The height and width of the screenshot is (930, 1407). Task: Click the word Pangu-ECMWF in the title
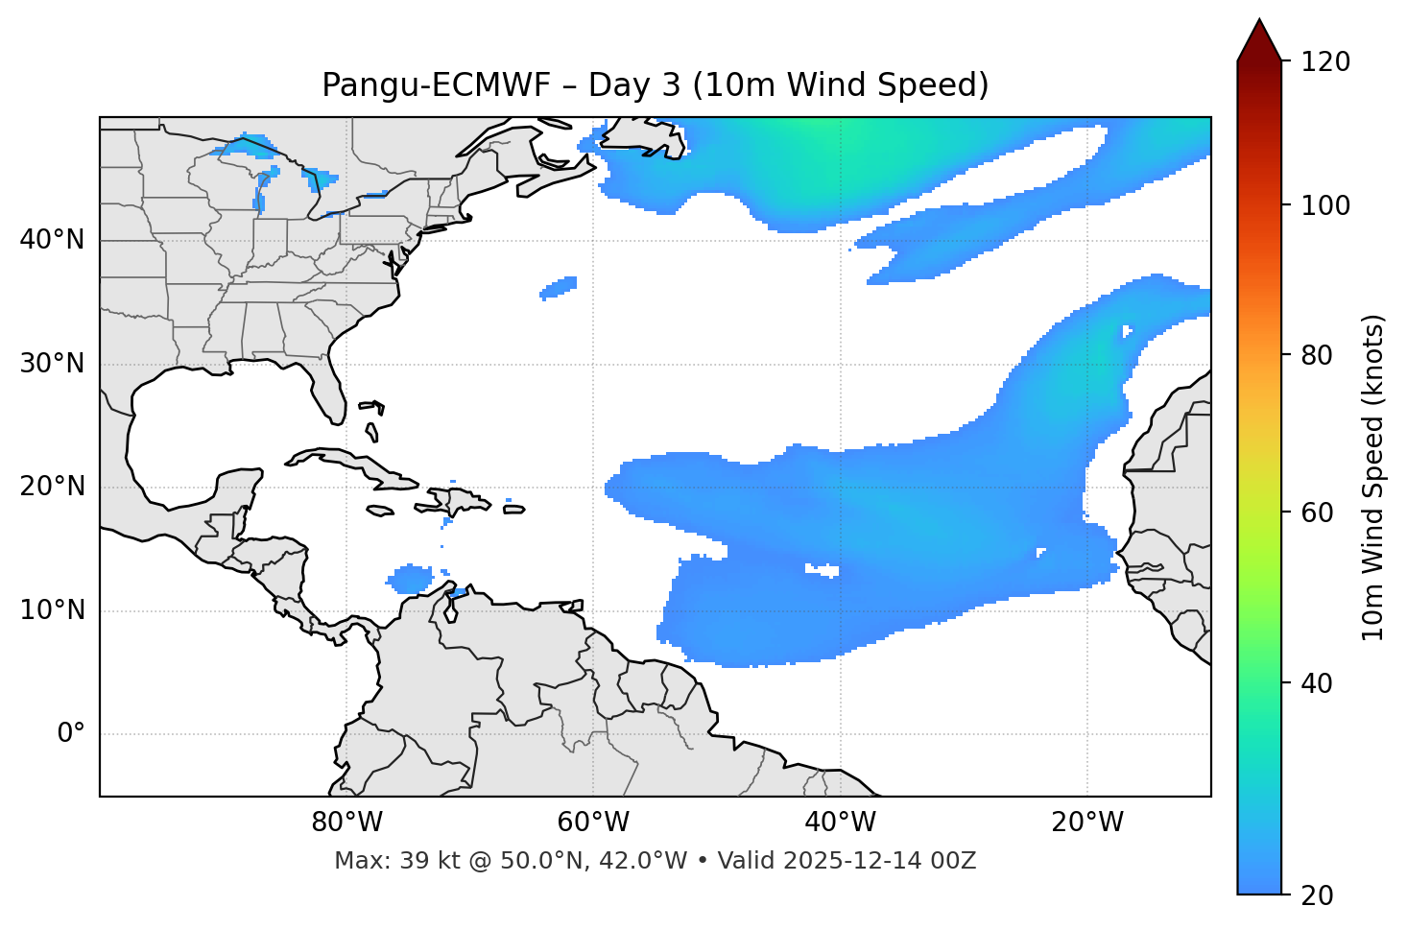pos(436,85)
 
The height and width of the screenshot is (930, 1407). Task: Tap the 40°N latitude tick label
pos(52,240)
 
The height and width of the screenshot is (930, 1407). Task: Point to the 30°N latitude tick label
pos(52,364)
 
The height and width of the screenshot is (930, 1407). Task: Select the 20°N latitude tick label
pos(52,487)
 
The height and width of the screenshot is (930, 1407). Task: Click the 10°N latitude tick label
pos(52,610)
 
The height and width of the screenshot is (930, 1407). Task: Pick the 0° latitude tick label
pos(71,734)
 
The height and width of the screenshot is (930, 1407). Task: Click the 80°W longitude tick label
pos(346,823)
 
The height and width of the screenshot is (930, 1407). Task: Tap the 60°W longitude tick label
pos(593,823)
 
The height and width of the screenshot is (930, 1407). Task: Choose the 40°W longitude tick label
pos(840,823)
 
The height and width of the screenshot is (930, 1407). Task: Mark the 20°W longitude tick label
pos(1087,823)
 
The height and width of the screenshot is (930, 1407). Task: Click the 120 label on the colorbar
pos(1326,62)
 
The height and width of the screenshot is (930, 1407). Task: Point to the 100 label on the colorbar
pos(1326,205)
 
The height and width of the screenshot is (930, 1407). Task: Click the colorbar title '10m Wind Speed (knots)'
pos(1373,477)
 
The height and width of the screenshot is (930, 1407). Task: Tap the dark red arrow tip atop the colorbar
pos(1259,38)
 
